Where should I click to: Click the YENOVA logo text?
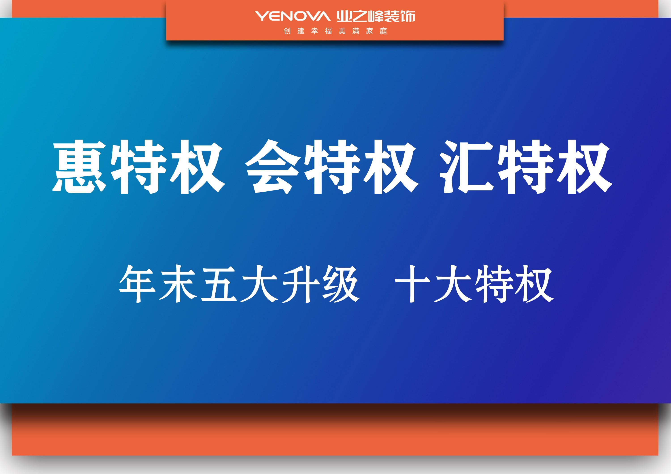293,16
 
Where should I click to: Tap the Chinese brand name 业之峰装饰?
376,16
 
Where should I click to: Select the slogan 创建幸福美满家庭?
335,31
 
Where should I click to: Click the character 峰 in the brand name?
376,16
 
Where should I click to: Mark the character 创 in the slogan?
287,31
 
